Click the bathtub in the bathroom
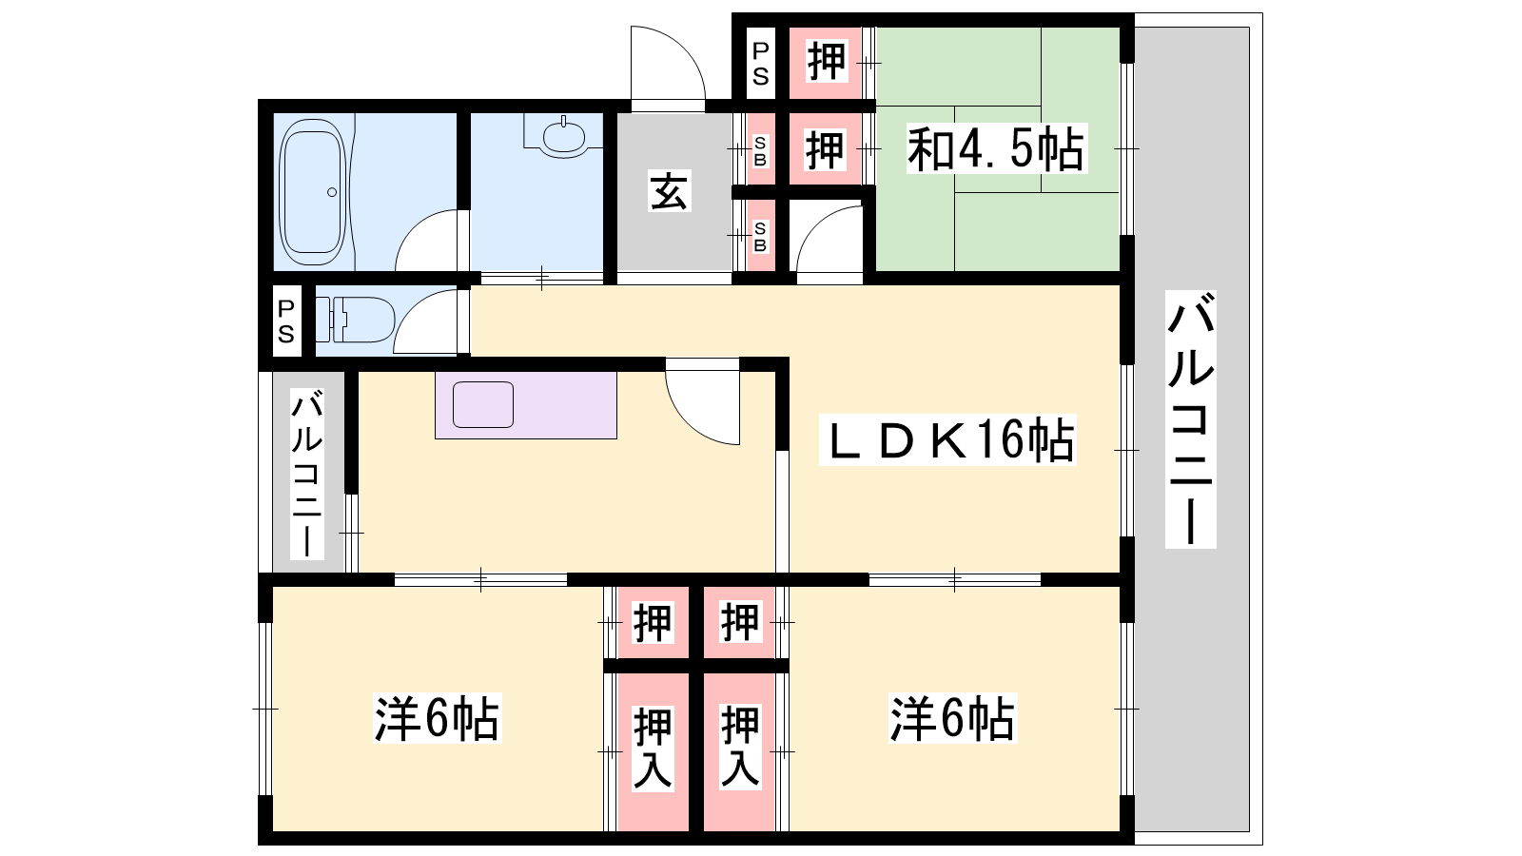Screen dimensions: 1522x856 313,192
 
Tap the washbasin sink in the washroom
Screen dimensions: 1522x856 563,137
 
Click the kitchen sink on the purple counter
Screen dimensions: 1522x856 483,405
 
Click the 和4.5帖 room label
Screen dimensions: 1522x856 996,148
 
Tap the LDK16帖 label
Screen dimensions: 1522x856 947,440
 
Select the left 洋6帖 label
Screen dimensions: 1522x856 437,717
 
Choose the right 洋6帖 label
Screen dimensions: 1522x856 952,717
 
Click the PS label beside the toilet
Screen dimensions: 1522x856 286,321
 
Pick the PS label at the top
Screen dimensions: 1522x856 761,63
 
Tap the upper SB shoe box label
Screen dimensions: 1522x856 760,151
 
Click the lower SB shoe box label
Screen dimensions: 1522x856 760,237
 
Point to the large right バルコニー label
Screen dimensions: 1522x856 1191,419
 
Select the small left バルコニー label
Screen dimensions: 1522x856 307,474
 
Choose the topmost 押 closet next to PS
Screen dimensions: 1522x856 827,61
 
